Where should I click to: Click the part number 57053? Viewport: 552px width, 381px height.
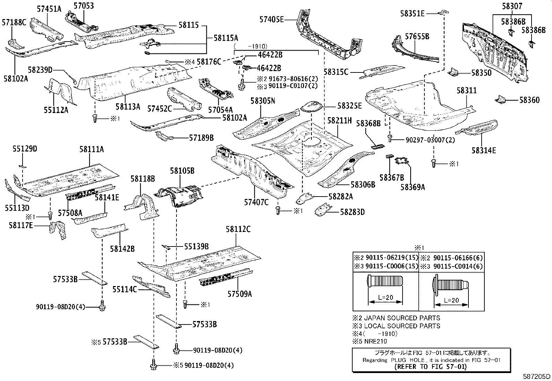click(x=84, y=6)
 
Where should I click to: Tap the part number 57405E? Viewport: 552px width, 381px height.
click(x=271, y=20)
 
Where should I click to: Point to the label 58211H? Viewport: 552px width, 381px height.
click(x=339, y=121)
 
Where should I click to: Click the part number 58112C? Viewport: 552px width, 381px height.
click(x=238, y=229)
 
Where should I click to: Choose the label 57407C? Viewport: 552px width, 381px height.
click(x=256, y=202)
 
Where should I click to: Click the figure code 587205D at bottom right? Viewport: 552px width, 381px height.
click(x=537, y=376)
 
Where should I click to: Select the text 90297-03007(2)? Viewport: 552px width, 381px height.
click(x=430, y=140)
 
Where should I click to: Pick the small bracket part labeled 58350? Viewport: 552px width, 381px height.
click(x=454, y=72)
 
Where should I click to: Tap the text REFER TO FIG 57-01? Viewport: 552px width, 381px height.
click(x=426, y=366)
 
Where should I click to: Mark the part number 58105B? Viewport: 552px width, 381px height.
click(x=182, y=171)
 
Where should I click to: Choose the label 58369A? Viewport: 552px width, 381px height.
click(x=413, y=187)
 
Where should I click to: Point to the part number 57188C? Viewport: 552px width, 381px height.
click(x=14, y=23)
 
